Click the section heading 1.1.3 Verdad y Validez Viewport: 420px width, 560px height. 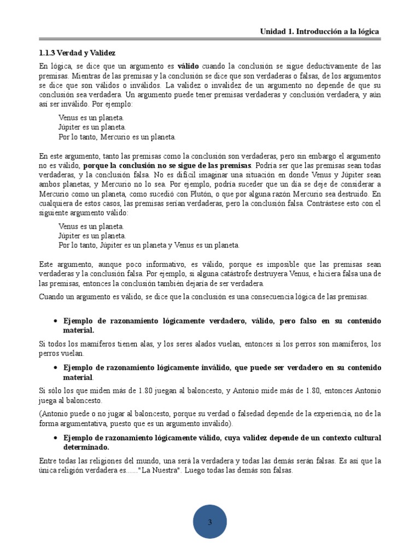[77, 52]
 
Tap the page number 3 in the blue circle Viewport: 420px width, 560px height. [209, 523]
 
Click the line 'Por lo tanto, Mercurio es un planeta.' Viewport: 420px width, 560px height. [117, 137]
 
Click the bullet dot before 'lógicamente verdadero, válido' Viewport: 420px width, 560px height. [55, 321]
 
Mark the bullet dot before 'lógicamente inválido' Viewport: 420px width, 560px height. [55, 368]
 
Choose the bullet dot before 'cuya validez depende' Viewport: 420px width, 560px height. [55, 439]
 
